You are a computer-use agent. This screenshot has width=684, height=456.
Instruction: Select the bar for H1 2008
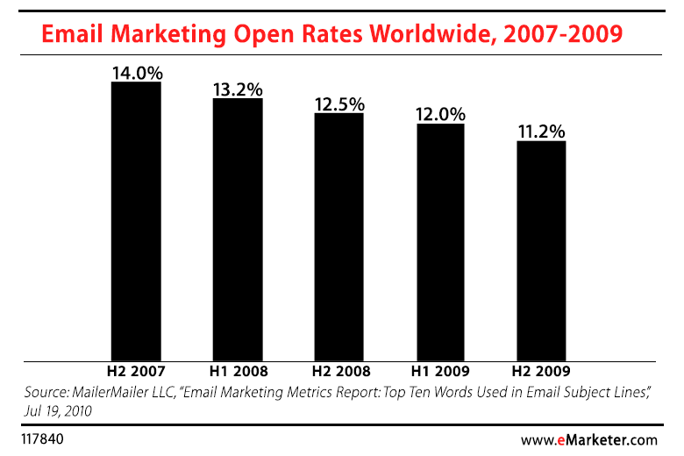(238, 229)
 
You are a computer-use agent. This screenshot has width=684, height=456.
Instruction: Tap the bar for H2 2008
(338, 236)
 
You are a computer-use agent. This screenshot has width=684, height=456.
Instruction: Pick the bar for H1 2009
(440, 241)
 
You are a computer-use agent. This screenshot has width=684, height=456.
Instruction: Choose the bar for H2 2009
(541, 250)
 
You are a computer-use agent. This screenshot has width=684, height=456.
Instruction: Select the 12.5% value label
(339, 104)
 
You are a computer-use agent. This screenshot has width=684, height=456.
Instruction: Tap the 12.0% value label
(441, 115)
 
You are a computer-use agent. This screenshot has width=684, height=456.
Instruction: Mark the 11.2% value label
(541, 132)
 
